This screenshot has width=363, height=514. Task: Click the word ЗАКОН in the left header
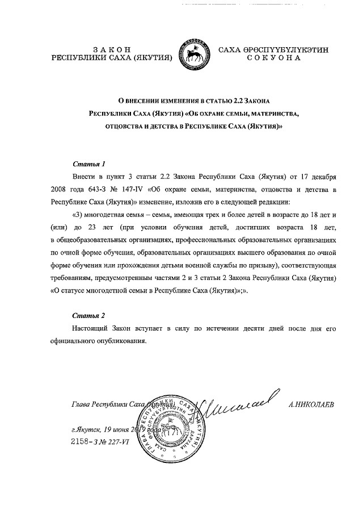click(111, 49)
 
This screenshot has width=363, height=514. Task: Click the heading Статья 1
click(88, 165)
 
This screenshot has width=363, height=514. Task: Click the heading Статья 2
click(88, 315)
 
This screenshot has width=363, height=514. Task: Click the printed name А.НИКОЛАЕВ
click(311, 405)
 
